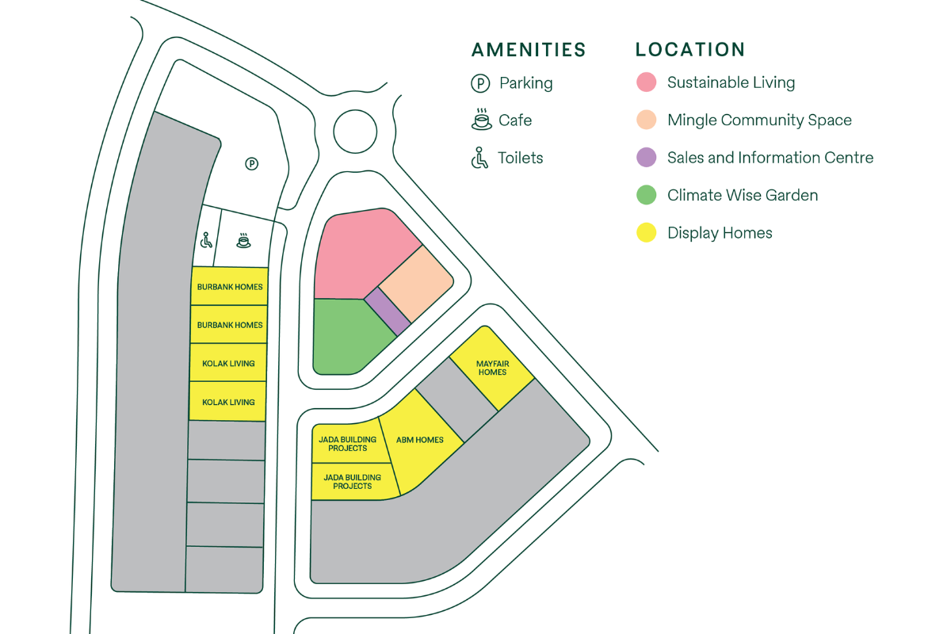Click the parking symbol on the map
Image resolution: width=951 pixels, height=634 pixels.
[251, 164]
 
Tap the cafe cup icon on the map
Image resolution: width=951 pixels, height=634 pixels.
[243, 240]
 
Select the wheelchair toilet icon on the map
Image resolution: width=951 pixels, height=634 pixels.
[207, 239]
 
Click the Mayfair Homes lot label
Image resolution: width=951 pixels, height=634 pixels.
[491, 368]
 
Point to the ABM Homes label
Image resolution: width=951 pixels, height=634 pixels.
[419, 440]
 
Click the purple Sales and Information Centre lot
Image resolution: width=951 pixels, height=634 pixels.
[387, 311]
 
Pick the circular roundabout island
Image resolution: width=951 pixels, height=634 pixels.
[355, 132]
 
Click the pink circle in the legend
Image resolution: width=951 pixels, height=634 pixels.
[647, 82]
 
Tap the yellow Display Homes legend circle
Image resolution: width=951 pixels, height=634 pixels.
[647, 233]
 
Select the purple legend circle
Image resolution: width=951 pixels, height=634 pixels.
[647, 158]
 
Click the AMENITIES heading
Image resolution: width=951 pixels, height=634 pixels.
[529, 50]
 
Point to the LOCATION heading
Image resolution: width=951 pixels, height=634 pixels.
[689, 50]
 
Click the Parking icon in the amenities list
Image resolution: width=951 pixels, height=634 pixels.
[480, 83]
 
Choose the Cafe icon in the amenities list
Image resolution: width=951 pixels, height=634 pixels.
[480, 120]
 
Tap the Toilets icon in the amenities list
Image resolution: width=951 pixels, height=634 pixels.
[479, 158]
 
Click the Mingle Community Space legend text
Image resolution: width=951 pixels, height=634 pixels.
[759, 120]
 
